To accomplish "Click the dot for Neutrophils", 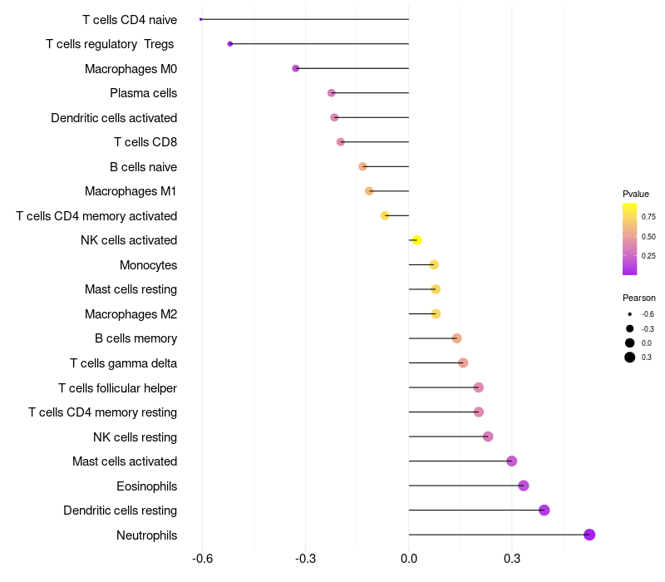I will click(589, 535).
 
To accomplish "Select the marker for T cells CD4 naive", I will click(201, 19).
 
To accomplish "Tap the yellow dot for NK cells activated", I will click(416, 240).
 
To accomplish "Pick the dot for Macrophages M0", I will click(296, 68).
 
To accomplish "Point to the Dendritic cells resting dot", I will click(544, 510).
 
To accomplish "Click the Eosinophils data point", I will click(524, 486).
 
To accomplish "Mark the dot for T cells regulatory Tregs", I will click(230, 43).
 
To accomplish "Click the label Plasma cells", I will click(143, 93).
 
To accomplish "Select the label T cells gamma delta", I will click(123, 363).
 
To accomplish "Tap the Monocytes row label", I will click(148, 265).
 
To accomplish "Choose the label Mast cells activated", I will click(125, 461).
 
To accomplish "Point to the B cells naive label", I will click(143, 167).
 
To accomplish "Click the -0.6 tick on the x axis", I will click(202, 559).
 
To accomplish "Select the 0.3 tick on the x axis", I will click(512, 559).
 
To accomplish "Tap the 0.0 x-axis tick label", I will click(409, 559).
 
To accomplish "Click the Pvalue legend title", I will click(636, 194).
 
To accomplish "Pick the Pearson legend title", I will click(639, 298).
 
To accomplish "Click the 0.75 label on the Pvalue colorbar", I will click(648, 217).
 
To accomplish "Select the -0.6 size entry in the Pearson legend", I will click(630, 314).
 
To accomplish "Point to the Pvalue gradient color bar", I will click(630, 239).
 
